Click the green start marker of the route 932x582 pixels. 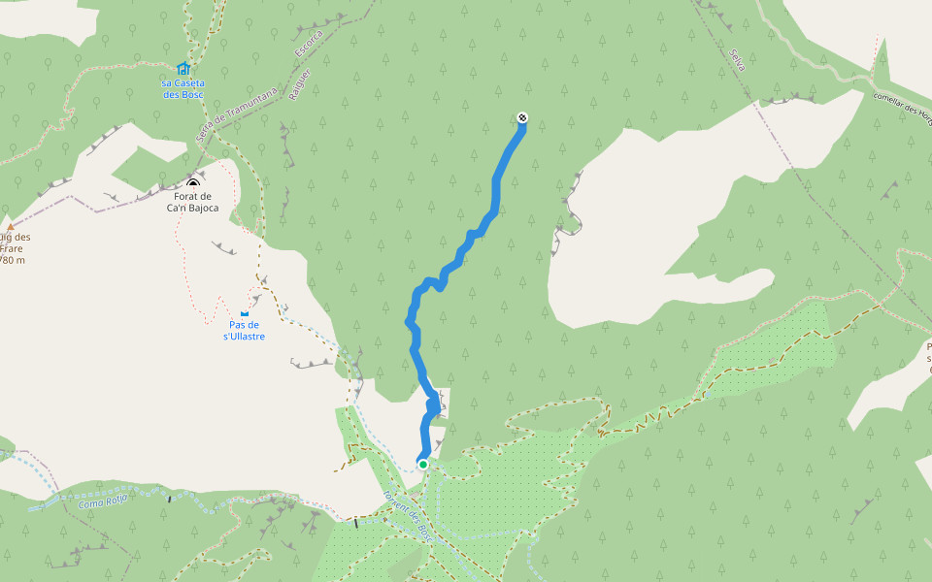tap(423, 465)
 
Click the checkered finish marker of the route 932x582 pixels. tap(523, 118)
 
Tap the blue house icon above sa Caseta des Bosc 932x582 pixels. tap(183, 68)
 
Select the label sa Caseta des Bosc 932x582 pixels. tap(183, 88)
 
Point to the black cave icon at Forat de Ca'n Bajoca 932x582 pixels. tap(192, 184)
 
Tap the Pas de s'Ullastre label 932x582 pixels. tap(244, 331)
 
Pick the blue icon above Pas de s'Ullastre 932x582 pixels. tap(244, 312)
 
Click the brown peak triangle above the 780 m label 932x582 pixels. tap(11, 227)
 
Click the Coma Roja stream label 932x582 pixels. tap(103, 501)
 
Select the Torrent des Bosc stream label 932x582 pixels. tap(405, 514)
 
